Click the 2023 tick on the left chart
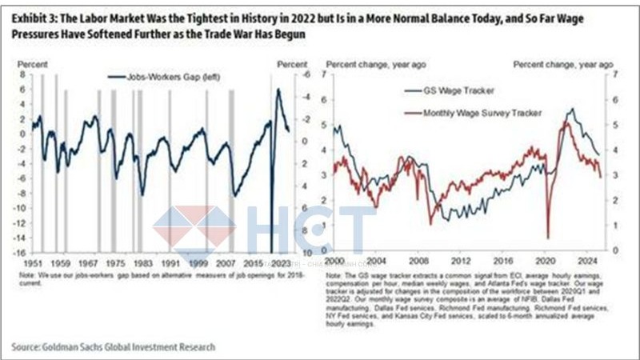(x=280, y=262)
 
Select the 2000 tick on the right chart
(x=334, y=262)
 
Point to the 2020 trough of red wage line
(x=549, y=238)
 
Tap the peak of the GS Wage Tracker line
(x=571, y=109)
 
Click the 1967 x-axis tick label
(x=90, y=262)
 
